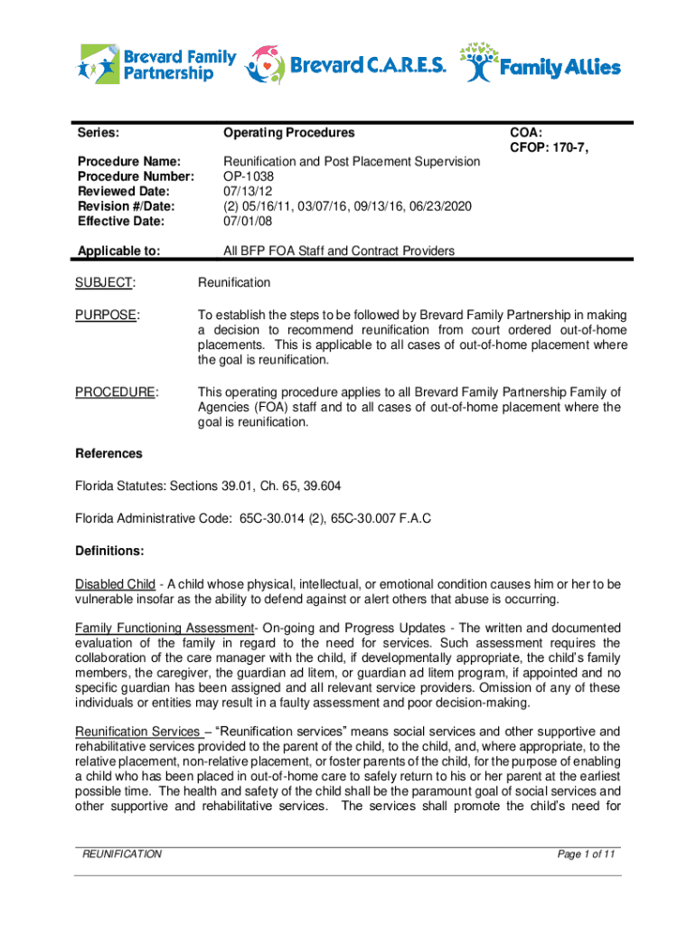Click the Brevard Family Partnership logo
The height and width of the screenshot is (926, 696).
click(x=157, y=64)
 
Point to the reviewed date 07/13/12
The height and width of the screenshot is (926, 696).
click(x=249, y=191)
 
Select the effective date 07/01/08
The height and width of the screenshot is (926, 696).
click(x=249, y=220)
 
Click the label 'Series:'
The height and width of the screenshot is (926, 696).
click(x=99, y=133)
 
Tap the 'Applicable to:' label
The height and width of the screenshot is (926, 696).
click(x=119, y=250)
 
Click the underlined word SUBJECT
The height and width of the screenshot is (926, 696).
click(x=105, y=282)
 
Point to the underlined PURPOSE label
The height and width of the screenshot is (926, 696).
click(x=106, y=315)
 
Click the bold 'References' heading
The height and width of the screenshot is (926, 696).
click(x=108, y=453)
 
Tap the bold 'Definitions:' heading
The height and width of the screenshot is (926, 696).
click(x=109, y=550)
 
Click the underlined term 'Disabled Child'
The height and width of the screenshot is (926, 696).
click(x=115, y=583)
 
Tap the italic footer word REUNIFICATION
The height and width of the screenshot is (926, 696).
click(x=121, y=854)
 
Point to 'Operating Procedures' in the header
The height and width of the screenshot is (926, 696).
click(x=289, y=133)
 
